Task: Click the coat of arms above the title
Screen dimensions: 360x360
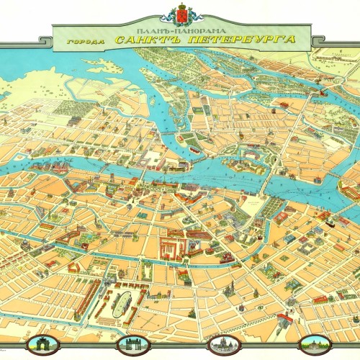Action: click(x=180, y=14)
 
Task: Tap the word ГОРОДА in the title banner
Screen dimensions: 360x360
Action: click(x=81, y=41)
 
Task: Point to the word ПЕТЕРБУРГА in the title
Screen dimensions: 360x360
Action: click(x=248, y=39)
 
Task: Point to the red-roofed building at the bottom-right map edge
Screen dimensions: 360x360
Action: click(x=320, y=297)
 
